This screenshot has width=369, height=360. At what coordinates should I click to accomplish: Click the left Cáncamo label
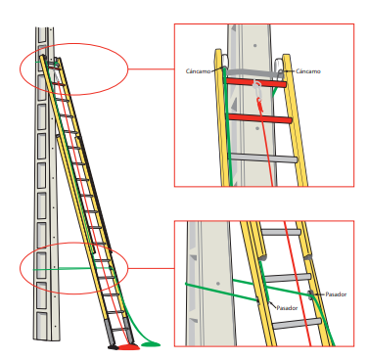(199, 71)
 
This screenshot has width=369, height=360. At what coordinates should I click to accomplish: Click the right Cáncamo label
(308, 71)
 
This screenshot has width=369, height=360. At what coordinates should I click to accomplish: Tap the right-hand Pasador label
(336, 294)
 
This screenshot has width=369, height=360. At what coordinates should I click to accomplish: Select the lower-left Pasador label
(287, 307)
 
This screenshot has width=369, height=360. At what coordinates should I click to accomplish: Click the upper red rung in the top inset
(255, 82)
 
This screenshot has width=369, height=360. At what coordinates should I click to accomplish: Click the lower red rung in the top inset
(259, 118)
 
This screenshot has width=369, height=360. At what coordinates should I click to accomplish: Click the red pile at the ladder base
(129, 347)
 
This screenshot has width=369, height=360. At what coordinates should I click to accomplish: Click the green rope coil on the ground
(151, 343)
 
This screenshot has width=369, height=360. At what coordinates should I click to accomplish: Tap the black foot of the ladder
(114, 347)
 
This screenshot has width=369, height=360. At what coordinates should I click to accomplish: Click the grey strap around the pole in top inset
(252, 73)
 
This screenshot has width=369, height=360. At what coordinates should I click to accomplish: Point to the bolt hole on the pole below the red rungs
(257, 128)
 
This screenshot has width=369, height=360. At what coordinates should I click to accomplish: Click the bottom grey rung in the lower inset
(297, 324)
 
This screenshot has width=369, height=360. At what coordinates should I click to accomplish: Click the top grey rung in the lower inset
(281, 232)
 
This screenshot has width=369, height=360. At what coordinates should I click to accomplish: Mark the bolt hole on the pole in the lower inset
(218, 284)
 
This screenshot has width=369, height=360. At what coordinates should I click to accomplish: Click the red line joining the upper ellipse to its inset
(151, 69)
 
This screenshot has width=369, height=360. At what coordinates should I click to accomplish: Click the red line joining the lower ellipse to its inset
(151, 268)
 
